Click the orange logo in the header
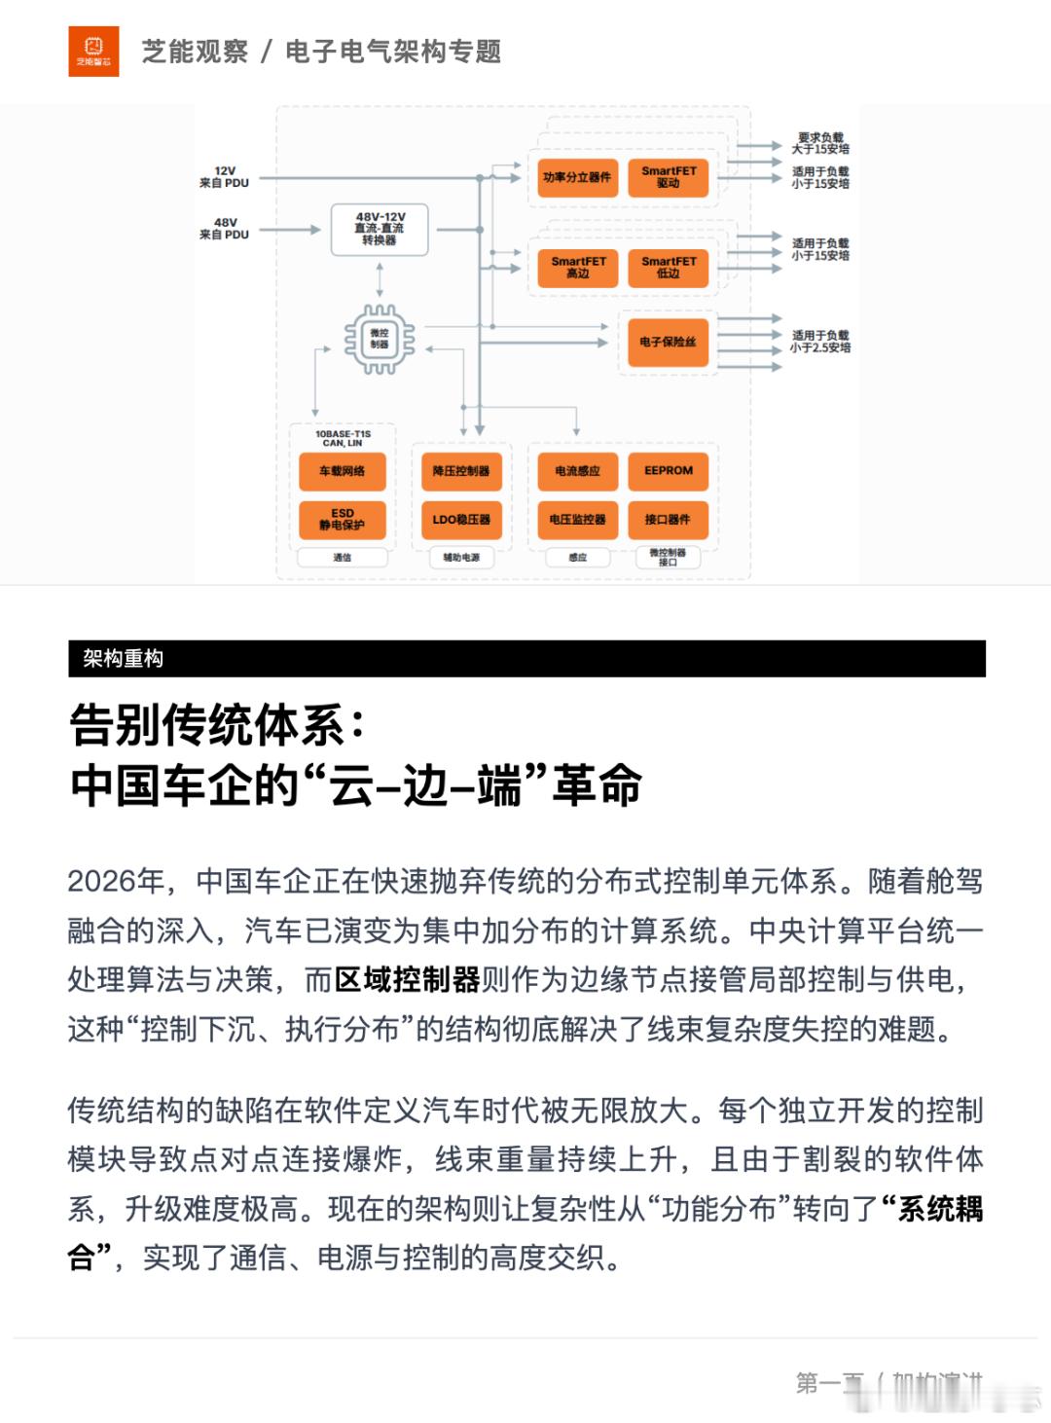tap(93, 52)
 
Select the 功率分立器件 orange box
tap(577, 177)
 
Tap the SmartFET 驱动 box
tap(669, 177)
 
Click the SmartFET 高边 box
tap(578, 268)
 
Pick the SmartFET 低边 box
tap(669, 268)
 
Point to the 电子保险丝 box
tap(668, 343)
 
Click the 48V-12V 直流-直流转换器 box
tap(380, 229)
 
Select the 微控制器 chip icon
tap(380, 339)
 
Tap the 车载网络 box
tap(342, 471)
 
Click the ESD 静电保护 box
tap(342, 520)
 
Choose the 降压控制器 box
tap(461, 471)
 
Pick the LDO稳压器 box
tap(461, 520)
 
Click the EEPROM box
tap(669, 471)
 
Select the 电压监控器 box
tap(577, 520)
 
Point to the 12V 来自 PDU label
tap(224, 177)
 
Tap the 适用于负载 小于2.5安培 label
tap(820, 342)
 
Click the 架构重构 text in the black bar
tap(123, 659)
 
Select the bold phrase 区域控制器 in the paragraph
tap(407, 979)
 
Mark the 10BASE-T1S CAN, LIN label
tap(343, 438)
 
